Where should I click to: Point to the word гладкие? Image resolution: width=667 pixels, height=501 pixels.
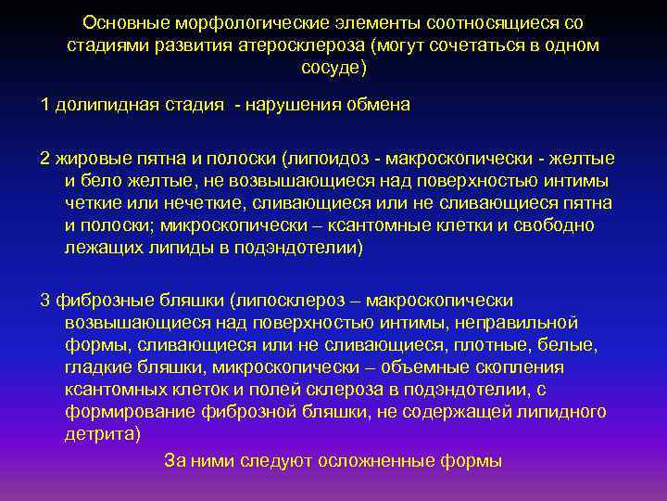pyautogui.click(x=95, y=367)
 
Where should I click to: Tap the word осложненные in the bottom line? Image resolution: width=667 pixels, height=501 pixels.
pyautogui.click(x=396, y=460)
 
